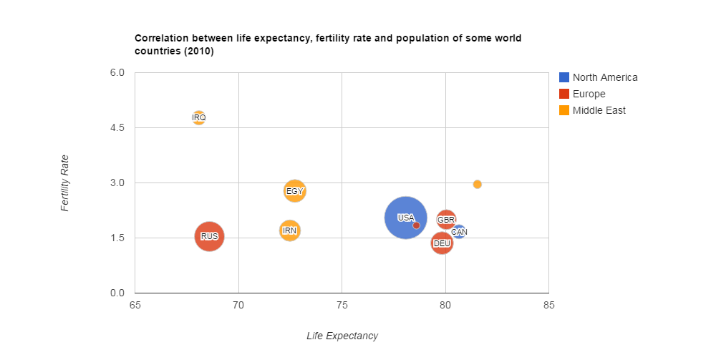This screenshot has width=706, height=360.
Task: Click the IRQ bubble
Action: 199,117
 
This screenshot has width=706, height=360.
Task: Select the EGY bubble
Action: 294,191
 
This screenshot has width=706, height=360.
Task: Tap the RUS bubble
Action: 209,236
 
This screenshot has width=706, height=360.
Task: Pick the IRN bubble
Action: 289,230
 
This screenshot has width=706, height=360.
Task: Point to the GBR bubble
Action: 446,219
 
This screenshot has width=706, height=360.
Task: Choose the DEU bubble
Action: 442,243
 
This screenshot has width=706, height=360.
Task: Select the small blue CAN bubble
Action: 459,232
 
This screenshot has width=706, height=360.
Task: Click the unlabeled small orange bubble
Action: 478,184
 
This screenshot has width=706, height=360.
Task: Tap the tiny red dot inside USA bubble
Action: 416,225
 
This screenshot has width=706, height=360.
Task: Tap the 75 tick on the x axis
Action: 342,306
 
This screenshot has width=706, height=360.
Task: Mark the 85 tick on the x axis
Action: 548,306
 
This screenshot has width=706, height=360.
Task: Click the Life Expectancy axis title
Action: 342,336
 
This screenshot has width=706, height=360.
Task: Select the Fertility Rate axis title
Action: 65,183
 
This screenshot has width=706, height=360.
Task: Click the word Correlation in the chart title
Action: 161,38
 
